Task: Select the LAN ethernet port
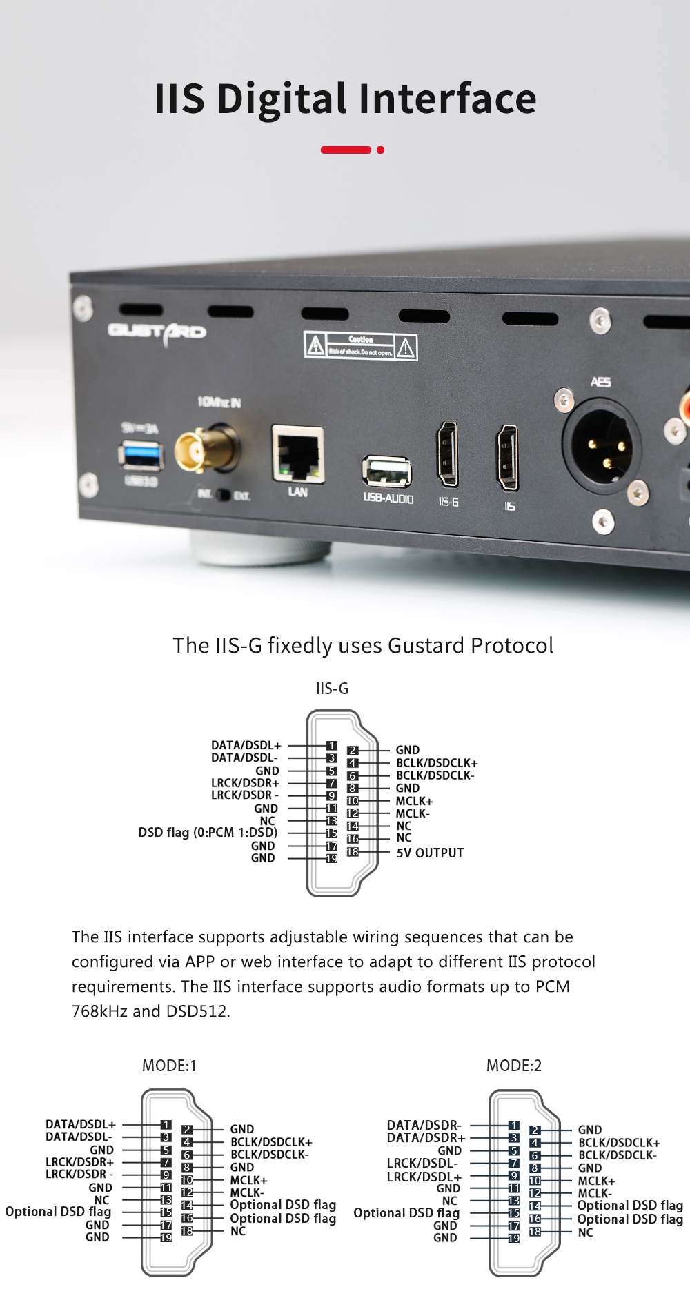pyautogui.click(x=298, y=454)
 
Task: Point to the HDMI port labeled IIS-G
pyautogui.click(x=447, y=456)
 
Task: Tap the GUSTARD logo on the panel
pyautogui.click(x=157, y=332)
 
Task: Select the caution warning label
pyautogui.click(x=360, y=345)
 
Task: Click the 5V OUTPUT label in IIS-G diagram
pyautogui.click(x=430, y=853)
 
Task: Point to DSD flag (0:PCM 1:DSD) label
pyautogui.click(x=208, y=832)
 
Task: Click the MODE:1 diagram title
pyautogui.click(x=169, y=1066)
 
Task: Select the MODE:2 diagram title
pyautogui.click(x=514, y=1066)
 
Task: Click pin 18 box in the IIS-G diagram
pyautogui.click(x=353, y=852)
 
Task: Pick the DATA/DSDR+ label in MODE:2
pyautogui.click(x=426, y=1137)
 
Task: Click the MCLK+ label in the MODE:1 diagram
pyautogui.click(x=248, y=1180)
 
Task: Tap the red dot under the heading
pyautogui.click(x=380, y=150)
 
